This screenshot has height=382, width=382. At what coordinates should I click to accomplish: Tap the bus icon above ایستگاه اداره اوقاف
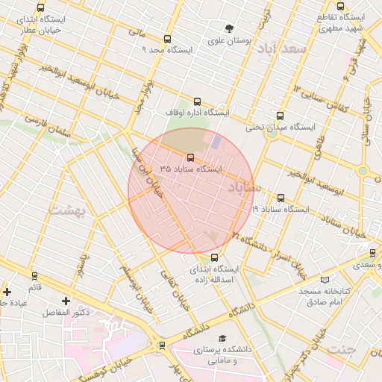coord(197,101)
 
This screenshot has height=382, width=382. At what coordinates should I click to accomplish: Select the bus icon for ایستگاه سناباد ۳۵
coord(190,158)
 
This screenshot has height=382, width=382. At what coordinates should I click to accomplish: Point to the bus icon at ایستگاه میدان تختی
coord(280,116)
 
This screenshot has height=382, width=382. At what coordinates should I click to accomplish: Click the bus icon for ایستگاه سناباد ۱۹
coord(281,198)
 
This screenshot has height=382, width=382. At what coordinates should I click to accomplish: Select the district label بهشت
coord(68,210)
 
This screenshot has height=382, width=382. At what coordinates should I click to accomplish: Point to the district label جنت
coord(342,349)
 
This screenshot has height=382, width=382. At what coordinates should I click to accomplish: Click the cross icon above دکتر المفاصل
coord(66,301)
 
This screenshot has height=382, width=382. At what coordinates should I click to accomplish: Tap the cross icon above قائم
coord(7,292)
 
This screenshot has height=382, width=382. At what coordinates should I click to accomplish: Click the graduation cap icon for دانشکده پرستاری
coord(222,338)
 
